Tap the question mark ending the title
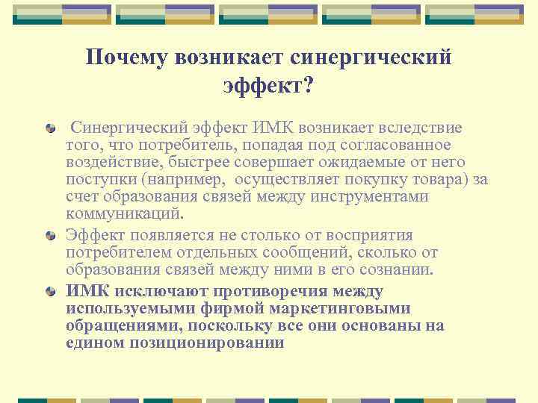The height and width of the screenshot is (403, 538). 309,87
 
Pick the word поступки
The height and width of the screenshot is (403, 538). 96,180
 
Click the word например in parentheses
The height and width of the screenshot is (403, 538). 192,180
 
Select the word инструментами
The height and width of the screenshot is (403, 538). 376,197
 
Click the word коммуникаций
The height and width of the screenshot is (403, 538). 123,214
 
